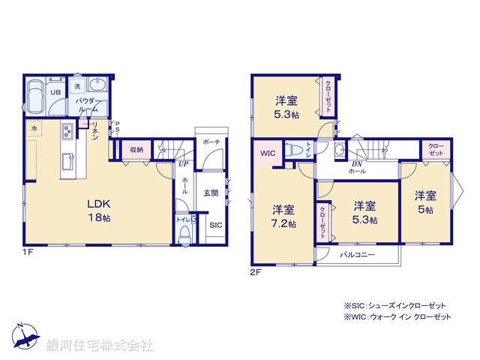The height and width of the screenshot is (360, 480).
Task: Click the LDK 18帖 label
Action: pyautogui.click(x=100, y=210)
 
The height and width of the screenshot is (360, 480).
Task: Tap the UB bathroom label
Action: pyautogui.click(x=55, y=92)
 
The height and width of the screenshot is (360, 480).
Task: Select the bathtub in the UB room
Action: pyautogui.click(x=35, y=97)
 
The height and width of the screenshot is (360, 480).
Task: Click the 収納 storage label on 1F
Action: pyautogui.click(x=136, y=149)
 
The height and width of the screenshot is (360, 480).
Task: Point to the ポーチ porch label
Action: pyautogui.click(x=211, y=141)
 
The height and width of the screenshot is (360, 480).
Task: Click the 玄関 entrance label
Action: pyautogui.click(x=211, y=193)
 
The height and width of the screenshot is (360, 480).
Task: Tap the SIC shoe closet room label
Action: pyautogui.click(x=215, y=225)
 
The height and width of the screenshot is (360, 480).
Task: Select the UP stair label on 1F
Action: pyautogui.click(x=183, y=163)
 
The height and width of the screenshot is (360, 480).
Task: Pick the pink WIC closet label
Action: pyautogui.click(x=268, y=155)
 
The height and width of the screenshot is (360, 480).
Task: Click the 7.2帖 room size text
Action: pyautogui.click(x=283, y=223)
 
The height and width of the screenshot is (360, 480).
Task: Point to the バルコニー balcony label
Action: pyautogui.click(x=357, y=255)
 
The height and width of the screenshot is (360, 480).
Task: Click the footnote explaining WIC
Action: pyautogui.click(x=397, y=318)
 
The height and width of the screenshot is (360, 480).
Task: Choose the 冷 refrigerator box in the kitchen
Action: pyautogui.click(x=34, y=129)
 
